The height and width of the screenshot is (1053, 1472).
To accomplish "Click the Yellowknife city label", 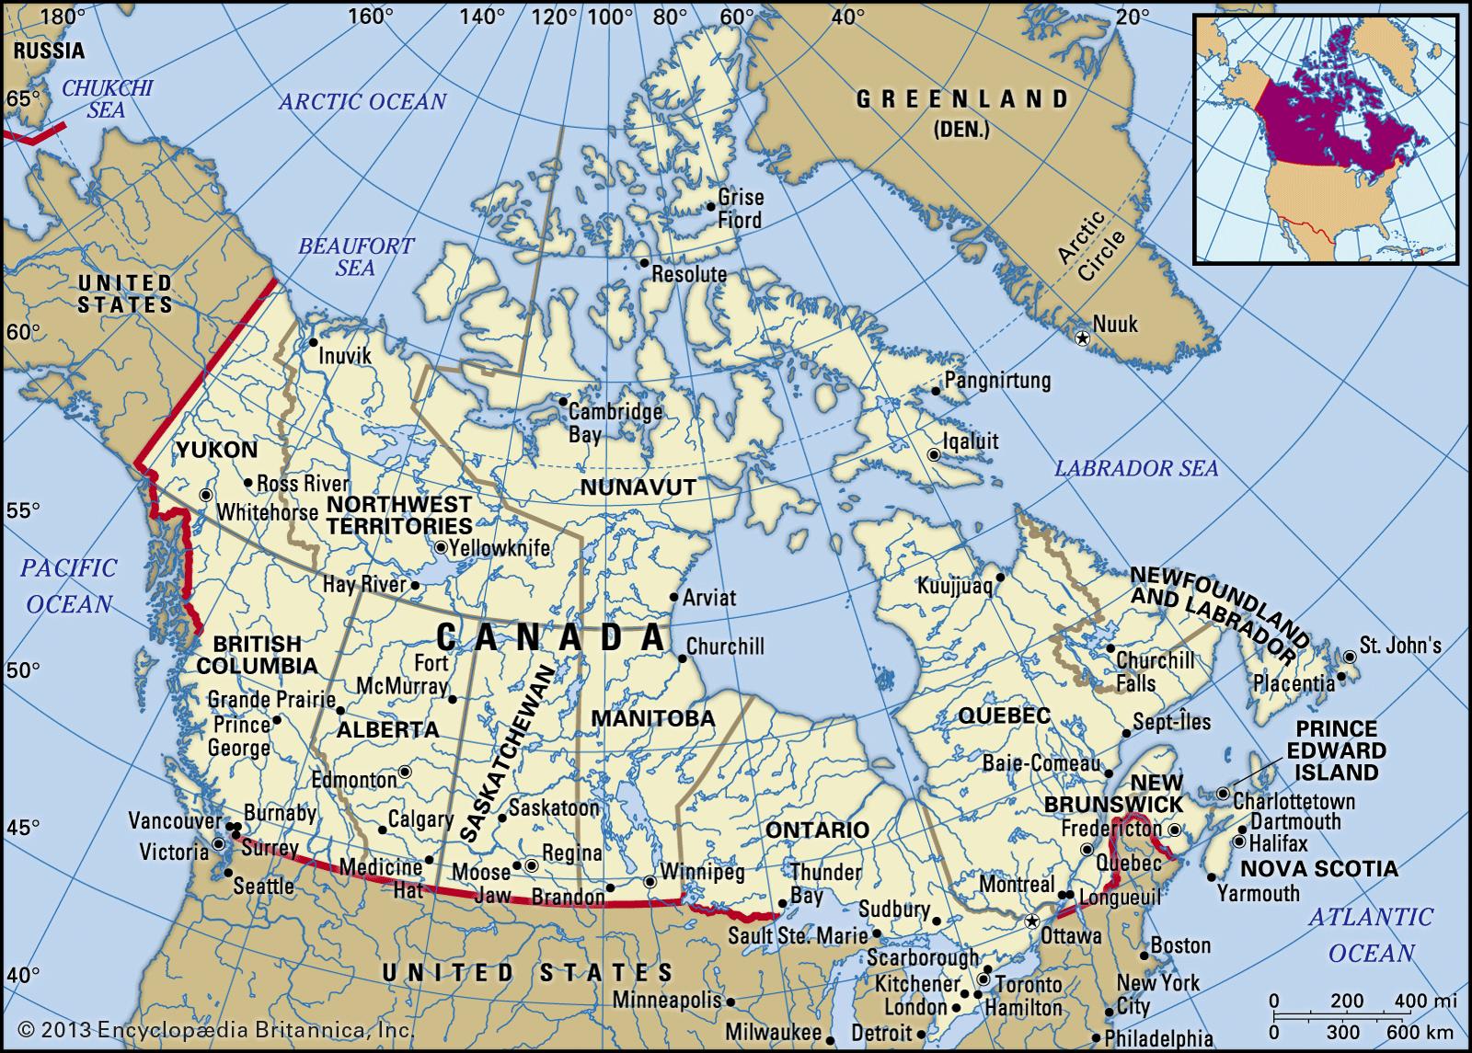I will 500,549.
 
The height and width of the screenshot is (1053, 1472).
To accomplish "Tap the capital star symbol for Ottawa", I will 1031,921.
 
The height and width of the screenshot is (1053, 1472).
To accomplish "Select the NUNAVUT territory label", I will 637,487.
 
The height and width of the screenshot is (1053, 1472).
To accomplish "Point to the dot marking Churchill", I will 682,658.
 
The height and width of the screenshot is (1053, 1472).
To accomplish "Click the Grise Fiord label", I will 740,209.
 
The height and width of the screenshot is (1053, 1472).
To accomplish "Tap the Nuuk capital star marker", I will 1082,338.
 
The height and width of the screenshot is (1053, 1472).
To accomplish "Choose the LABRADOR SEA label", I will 1135,468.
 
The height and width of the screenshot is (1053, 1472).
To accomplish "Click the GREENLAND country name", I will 962,99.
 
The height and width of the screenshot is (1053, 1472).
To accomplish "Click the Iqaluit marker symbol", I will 934,454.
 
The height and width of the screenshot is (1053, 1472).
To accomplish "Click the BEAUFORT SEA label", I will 355,256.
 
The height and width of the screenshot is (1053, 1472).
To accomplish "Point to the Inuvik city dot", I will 313,342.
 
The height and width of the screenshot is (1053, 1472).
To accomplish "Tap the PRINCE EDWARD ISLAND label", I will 1339,750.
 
